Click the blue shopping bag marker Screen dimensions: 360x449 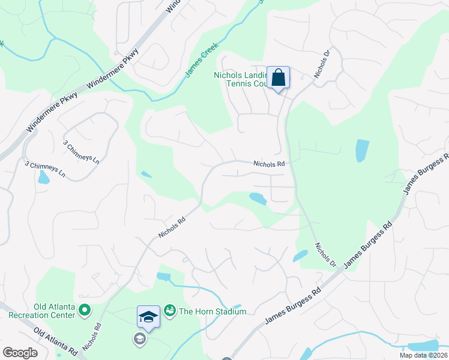tap(278, 78)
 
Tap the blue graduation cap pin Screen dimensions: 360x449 tap(148, 316)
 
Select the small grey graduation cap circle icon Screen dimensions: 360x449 tap(139, 340)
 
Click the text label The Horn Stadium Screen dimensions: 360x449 tap(212, 311)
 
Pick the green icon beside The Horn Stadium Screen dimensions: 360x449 tap(170, 310)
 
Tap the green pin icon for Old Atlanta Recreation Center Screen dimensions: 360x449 tap(85, 310)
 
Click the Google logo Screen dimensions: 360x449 tap(20, 353)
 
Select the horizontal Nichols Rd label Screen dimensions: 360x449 tap(268, 163)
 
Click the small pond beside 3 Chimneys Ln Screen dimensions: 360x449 tap(43, 178)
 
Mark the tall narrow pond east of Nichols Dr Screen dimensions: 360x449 tap(362, 151)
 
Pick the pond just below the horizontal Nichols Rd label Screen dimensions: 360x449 tap(258, 198)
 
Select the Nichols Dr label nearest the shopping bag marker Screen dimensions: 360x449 tap(322, 63)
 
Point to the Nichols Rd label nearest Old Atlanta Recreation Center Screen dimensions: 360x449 tap(92, 337)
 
